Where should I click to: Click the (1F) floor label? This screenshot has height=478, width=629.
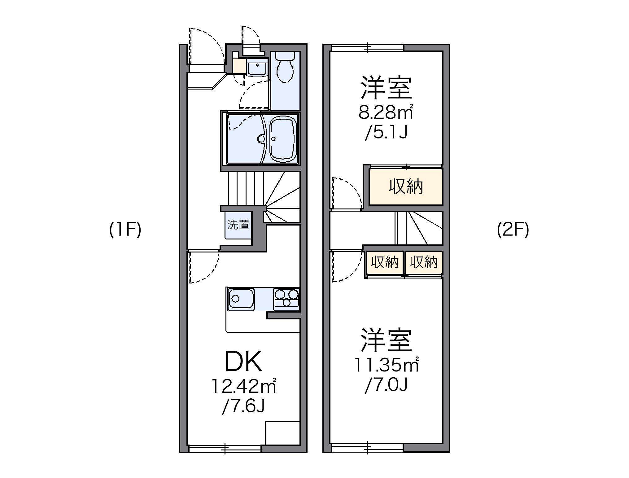[x=125, y=230]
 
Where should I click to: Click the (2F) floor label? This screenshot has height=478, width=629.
[x=513, y=230]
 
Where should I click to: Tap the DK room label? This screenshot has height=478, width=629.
[x=243, y=362]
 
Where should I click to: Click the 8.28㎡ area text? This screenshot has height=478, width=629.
[x=386, y=112]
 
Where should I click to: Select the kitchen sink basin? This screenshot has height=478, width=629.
[x=241, y=299]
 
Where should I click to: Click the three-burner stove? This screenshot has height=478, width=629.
[x=286, y=299]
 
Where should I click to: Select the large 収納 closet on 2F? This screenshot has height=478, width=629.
[x=406, y=187]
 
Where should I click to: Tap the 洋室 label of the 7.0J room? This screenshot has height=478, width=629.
[x=386, y=341]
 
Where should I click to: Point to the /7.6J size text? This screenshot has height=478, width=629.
[x=243, y=406]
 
